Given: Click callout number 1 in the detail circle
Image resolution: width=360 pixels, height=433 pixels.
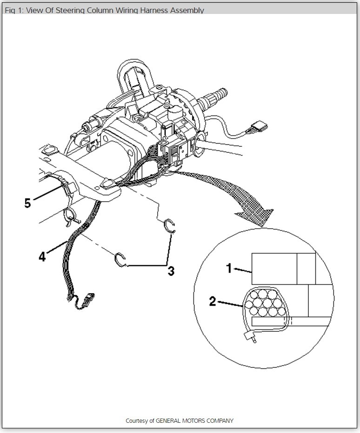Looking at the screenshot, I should (x=228, y=268).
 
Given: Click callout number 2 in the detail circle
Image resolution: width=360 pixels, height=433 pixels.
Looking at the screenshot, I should (x=213, y=302).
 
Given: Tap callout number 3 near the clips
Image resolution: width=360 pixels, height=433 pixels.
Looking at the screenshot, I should (x=171, y=271).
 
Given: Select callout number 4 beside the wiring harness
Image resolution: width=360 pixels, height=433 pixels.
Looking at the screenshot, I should (x=42, y=256).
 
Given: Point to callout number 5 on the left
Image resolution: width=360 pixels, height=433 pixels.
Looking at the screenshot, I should (x=28, y=203).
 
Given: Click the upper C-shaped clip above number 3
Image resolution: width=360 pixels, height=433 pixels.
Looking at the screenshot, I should (x=170, y=226).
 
